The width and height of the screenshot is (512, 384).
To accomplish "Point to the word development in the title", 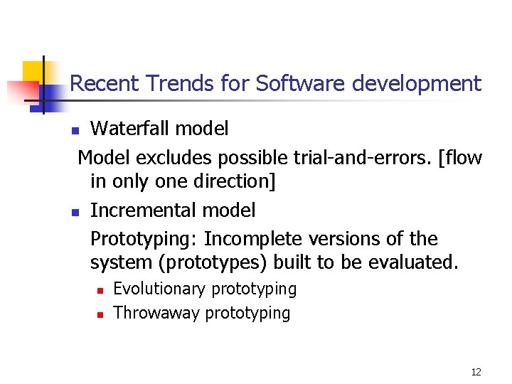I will click(x=415, y=85).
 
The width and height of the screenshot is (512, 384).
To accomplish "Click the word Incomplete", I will click(x=247, y=238).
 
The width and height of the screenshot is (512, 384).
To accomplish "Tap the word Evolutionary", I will click(x=161, y=289).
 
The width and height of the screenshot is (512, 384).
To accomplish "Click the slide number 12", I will click(x=476, y=372).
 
